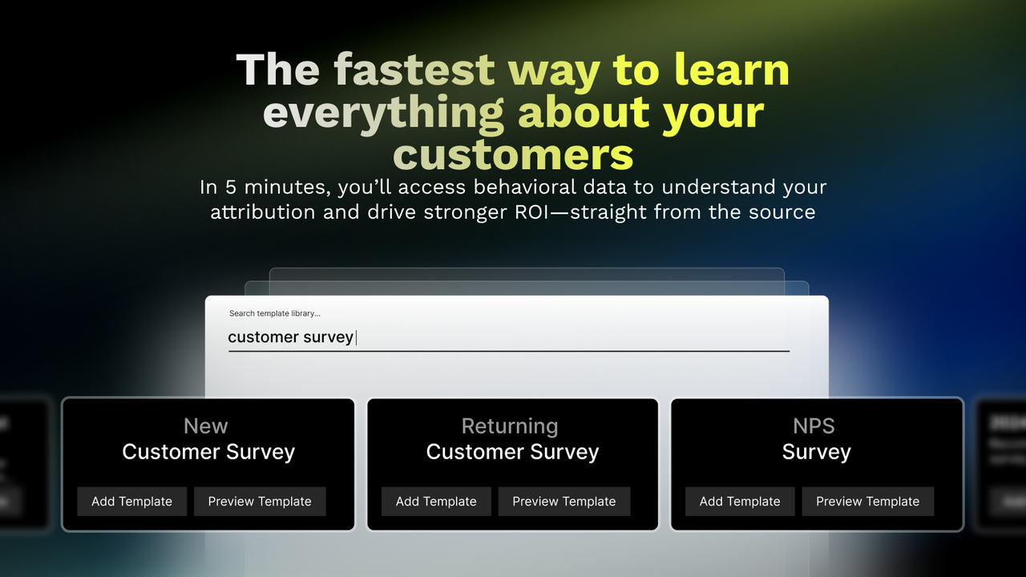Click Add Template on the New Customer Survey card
131,502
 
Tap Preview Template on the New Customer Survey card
260,502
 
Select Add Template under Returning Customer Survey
436,502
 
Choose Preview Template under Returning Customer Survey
564,502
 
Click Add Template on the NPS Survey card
740,502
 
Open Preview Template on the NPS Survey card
867,502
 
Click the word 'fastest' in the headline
414,71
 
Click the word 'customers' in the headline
513,154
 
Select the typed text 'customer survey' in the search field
290,337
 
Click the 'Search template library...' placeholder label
275,313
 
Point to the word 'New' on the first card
206,426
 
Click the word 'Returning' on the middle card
510,426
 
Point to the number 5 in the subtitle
231,188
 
